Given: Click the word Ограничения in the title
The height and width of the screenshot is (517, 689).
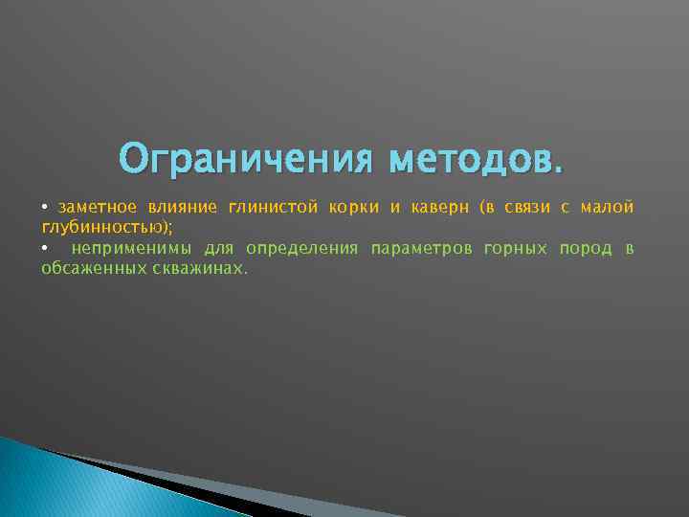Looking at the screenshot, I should point(244,156).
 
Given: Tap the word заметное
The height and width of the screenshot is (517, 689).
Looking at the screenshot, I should point(96,208).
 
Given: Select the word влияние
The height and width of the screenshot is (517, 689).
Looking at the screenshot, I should point(182,208).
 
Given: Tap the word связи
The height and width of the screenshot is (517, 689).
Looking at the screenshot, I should point(527,208).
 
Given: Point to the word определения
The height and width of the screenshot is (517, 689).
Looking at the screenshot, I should point(301,249).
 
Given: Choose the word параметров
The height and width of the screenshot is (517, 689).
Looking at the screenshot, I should point(421,249).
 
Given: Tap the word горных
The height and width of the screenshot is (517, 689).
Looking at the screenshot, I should point(516,249).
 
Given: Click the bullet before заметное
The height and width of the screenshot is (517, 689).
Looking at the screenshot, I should point(45,209).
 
